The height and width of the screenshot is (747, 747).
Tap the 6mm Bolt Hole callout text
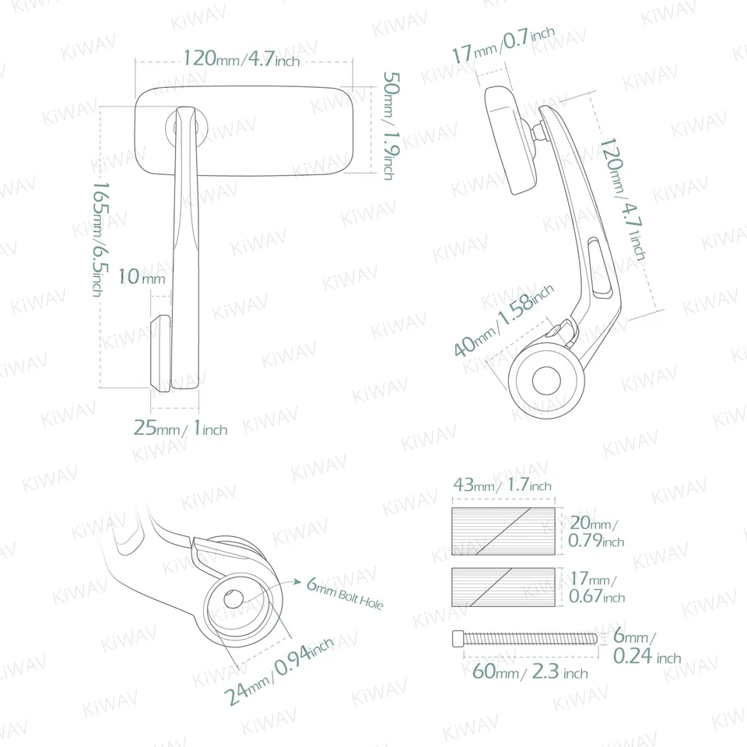pyautogui.click(x=345, y=594)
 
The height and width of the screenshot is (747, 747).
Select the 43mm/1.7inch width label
pyautogui.click(x=502, y=486)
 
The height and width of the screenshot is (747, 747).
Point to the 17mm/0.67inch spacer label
pyautogui.click(x=596, y=589)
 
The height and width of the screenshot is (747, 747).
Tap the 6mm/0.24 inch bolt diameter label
pyautogui.click(x=645, y=647)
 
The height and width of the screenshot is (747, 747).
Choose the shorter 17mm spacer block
pyautogui.click(x=503, y=589)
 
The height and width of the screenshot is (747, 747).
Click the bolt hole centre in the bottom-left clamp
pyautogui.click(x=233, y=599)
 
